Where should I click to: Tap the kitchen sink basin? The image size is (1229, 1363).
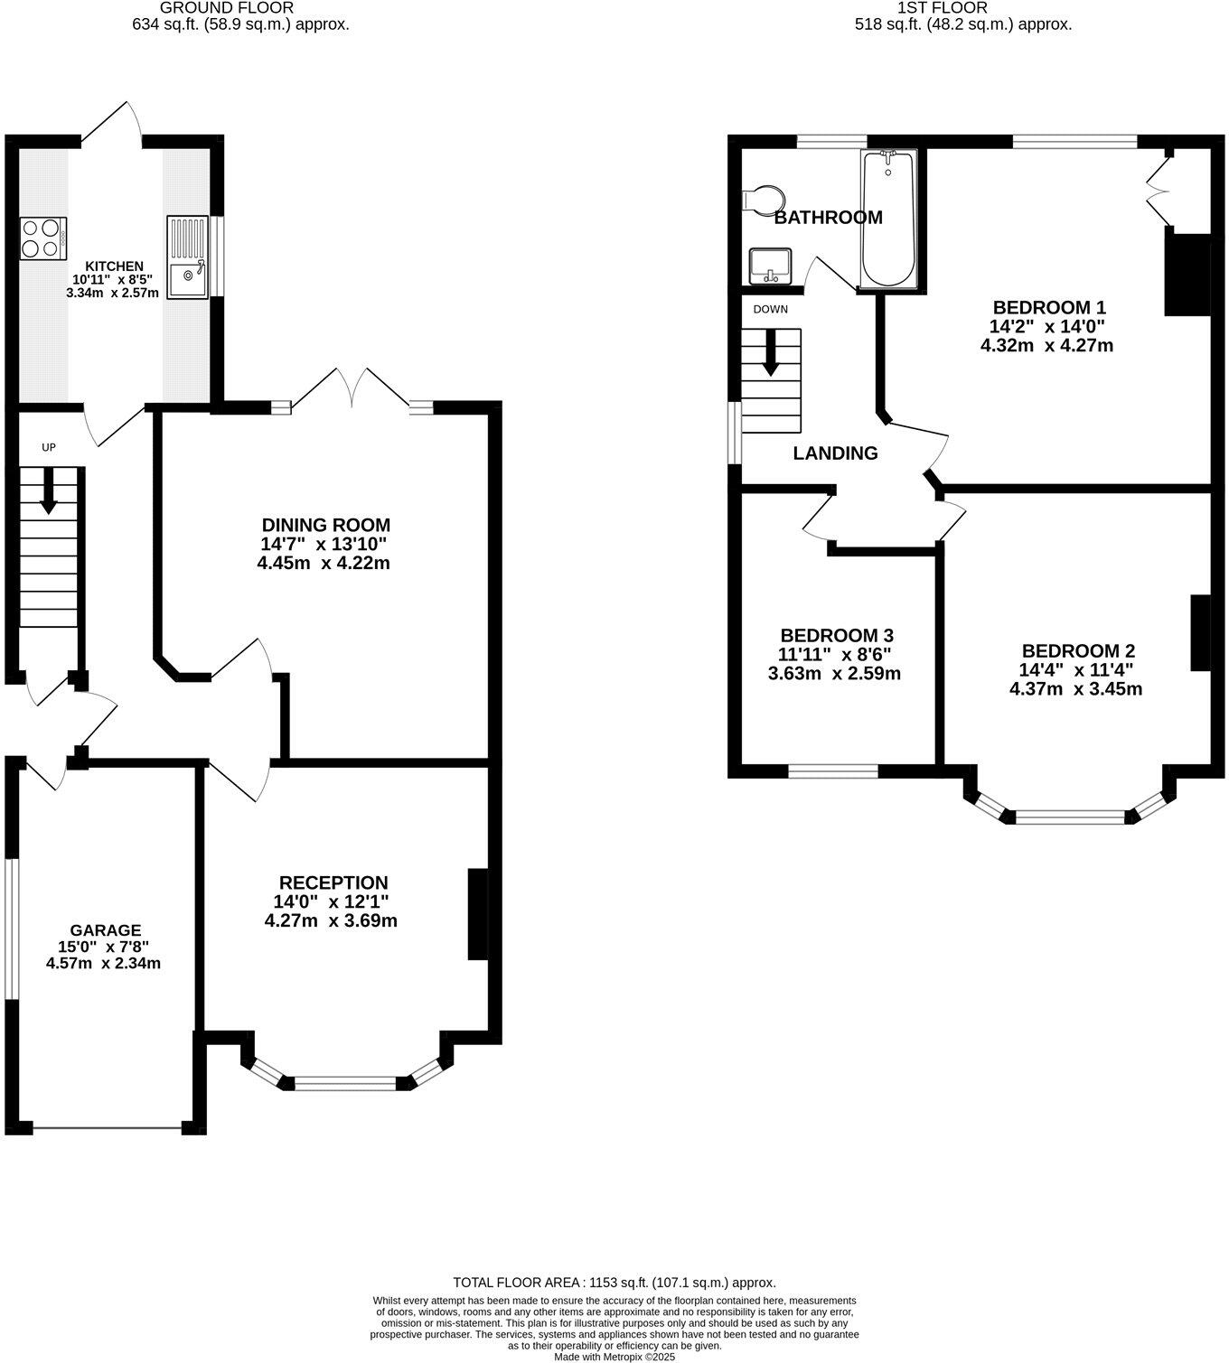(189, 276)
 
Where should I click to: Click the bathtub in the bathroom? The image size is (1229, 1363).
(888, 219)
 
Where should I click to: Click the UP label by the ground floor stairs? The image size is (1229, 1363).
(49, 447)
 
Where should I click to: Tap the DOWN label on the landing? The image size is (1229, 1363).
(770, 309)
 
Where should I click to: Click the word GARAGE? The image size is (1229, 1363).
(106, 930)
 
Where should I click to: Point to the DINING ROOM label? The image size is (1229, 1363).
(325, 525)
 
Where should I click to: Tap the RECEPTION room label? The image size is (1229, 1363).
(333, 882)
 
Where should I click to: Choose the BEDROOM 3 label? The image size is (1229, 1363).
(837, 636)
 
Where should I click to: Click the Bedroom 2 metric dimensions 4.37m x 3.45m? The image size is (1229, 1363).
(1075, 689)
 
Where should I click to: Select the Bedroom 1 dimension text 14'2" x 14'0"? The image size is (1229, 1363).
(1048, 326)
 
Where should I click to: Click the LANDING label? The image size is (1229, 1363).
(835, 453)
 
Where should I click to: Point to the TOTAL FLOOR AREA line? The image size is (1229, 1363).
(614, 1283)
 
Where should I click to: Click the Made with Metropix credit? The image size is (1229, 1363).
(614, 1357)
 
